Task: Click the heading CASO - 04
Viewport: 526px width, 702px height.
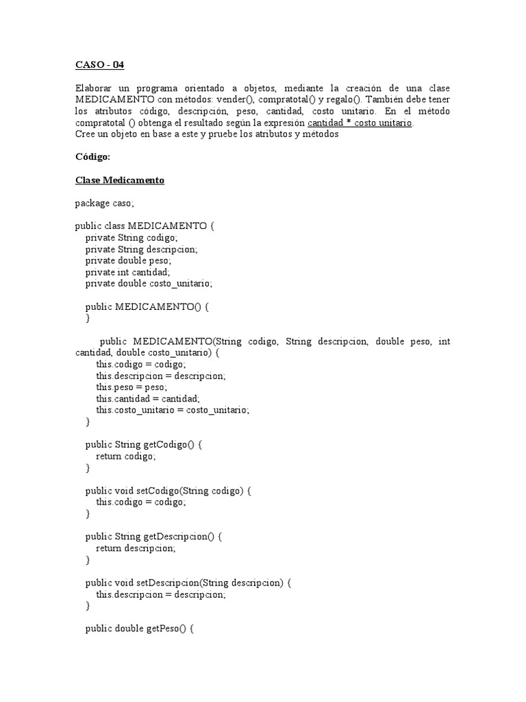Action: tap(100, 65)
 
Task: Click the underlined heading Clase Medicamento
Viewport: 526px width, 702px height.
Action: tap(120, 180)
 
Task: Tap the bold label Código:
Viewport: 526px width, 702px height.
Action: tap(92, 156)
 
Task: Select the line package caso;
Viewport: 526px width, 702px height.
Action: tap(105, 203)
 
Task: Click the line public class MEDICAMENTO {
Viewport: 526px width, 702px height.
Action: tap(145, 226)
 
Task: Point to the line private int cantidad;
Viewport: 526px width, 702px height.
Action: tap(127, 271)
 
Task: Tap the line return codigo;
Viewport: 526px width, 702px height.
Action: tap(126, 456)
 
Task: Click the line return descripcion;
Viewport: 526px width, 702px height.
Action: tap(136, 548)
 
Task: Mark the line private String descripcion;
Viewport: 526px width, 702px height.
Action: tap(142, 249)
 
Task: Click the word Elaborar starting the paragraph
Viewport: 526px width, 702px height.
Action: tap(95, 88)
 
